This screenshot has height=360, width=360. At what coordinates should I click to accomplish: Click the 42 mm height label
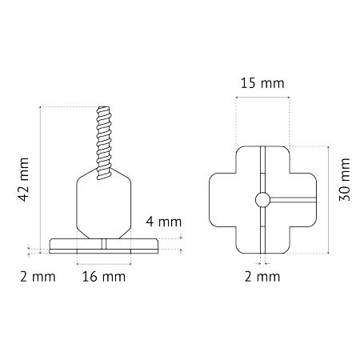(23, 179)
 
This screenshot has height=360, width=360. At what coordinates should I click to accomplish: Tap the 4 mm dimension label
(164, 222)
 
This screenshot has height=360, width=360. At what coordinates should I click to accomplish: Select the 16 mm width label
(104, 277)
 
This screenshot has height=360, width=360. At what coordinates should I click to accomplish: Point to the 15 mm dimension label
(262, 83)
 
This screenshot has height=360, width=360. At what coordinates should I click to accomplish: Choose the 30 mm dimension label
(344, 179)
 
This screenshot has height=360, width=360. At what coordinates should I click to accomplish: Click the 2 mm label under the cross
(262, 277)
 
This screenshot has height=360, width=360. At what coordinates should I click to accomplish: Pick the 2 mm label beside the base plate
(38, 277)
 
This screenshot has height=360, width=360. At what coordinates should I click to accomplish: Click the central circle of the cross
(262, 199)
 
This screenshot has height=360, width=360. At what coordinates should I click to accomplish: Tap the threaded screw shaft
(104, 143)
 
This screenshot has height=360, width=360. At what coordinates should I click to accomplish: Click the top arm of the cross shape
(262, 159)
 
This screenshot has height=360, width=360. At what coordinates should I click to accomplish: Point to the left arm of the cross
(222, 200)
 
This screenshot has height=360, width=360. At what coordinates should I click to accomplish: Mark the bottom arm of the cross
(262, 240)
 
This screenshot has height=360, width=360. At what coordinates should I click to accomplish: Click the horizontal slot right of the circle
(294, 200)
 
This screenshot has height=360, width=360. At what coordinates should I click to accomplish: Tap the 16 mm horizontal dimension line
(104, 264)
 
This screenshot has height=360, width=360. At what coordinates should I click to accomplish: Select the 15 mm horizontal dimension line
(262, 98)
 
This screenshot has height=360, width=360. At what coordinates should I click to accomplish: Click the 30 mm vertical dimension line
(329, 200)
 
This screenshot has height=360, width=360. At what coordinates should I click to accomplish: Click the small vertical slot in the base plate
(104, 244)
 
